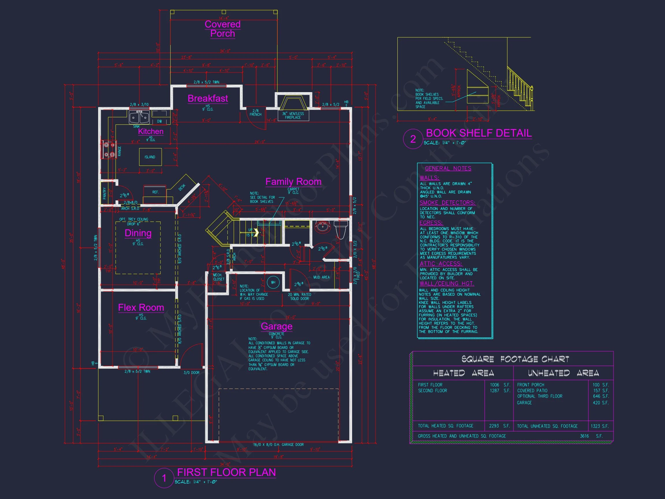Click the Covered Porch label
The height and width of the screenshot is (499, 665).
(x=223, y=29)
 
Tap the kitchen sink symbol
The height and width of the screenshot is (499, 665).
(x=139, y=117)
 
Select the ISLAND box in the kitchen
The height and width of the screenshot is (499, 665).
(x=150, y=157)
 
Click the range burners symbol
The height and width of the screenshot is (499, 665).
(x=109, y=150)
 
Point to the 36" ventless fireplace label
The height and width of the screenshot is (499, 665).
(x=293, y=116)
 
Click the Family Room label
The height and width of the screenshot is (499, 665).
(x=293, y=182)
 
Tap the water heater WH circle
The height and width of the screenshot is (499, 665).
(x=273, y=282)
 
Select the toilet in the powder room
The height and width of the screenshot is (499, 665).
(x=341, y=229)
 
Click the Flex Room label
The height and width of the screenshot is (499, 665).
(x=141, y=308)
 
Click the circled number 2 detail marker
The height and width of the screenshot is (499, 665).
(x=413, y=139)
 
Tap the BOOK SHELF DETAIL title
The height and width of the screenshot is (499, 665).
(x=479, y=133)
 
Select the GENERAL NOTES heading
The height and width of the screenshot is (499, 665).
(x=448, y=168)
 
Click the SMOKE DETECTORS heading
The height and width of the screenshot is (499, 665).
(x=447, y=203)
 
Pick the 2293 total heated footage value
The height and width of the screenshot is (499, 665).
(x=494, y=426)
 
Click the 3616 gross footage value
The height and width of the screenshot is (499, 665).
(x=584, y=436)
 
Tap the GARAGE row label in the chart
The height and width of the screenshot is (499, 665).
(x=524, y=403)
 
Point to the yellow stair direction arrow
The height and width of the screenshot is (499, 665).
(x=256, y=232)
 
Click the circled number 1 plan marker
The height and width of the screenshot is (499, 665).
(x=164, y=478)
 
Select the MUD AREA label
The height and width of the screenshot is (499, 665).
(x=321, y=277)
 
